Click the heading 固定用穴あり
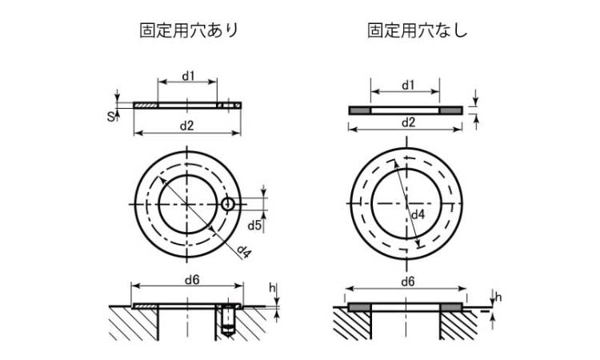(x=189, y=30)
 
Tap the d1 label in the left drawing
(x=187, y=76)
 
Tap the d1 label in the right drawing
(x=407, y=84)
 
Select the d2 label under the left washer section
(x=187, y=126)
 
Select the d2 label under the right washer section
(x=407, y=122)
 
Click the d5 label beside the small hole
(x=254, y=226)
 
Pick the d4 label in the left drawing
(x=244, y=253)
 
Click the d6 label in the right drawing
(x=407, y=281)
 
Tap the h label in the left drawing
(x=272, y=288)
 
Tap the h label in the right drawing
(x=498, y=298)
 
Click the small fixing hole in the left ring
(x=229, y=204)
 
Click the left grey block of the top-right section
(x=359, y=110)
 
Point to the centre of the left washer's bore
(x=187, y=204)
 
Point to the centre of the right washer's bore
(x=406, y=204)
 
